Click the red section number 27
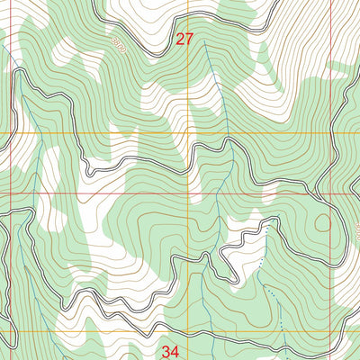coord(184,40)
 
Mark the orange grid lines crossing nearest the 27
coord(188,133)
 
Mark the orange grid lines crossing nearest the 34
coord(188,331)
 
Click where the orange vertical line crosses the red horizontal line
coord(188,193)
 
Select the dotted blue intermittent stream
coord(268,288)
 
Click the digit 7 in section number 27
coord(189,40)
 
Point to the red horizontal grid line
coord(90,193)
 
